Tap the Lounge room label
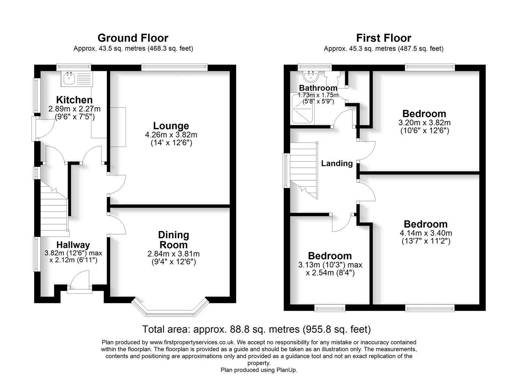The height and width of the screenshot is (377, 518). click(171, 126)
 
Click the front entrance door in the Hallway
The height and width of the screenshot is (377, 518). click(79, 282)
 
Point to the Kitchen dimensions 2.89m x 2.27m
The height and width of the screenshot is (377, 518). click(74, 109)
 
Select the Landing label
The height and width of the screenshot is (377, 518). click(337, 163)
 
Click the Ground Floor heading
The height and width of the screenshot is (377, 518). click(133, 38)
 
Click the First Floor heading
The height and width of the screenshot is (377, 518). click(383, 38)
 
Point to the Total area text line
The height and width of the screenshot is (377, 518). click(256, 329)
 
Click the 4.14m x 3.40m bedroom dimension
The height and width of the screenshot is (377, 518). click(426, 233)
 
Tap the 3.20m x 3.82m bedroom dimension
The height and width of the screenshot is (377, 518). click(424, 123)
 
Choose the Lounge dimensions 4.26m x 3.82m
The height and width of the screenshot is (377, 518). click(171, 135)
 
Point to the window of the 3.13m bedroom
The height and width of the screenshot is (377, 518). click(330, 308)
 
